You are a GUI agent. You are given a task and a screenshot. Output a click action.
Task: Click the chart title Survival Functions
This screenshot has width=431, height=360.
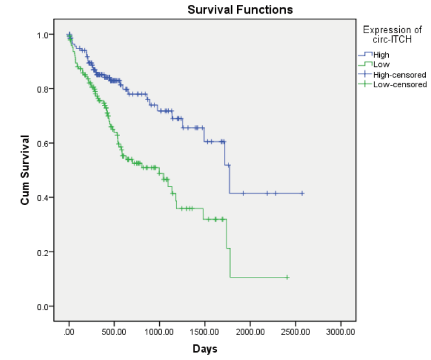[240, 9]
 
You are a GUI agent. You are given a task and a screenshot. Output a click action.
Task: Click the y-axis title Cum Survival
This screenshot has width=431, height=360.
[25, 170]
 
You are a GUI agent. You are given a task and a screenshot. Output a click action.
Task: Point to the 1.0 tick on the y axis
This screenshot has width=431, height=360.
[42, 34]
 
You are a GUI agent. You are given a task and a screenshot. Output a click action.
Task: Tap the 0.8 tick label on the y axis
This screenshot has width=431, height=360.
[42, 89]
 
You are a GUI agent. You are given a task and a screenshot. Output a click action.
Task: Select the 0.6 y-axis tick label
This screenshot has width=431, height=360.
[42, 143]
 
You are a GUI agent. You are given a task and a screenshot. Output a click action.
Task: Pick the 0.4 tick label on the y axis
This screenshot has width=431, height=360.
[42, 197]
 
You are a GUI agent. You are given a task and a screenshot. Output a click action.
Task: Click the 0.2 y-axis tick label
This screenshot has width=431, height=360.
[42, 252]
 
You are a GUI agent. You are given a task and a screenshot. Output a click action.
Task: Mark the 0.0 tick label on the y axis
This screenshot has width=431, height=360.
[42, 306]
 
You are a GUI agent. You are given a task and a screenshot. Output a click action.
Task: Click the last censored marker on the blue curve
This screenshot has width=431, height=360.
[302, 193]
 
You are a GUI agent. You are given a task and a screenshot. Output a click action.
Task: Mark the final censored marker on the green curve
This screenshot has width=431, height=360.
[287, 277]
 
